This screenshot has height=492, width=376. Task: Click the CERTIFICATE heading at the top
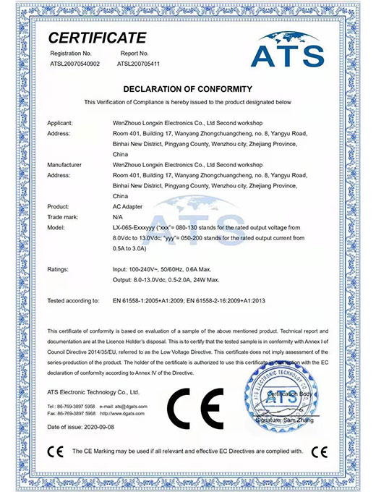(97, 38)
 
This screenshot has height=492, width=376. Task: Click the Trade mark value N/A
(118, 216)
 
